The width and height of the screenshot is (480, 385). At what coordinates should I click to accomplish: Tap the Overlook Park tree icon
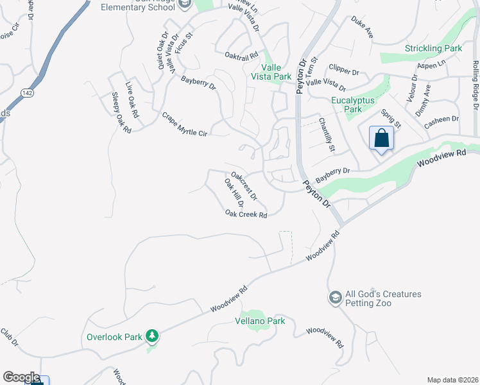click(x=152, y=336)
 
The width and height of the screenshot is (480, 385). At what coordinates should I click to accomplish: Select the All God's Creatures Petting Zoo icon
click(x=335, y=298)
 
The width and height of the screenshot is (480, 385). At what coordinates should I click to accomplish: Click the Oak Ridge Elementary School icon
click(x=185, y=5)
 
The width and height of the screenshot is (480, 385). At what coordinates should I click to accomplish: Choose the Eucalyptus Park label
click(x=353, y=105)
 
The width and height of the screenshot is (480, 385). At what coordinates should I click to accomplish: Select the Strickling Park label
click(x=433, y=48)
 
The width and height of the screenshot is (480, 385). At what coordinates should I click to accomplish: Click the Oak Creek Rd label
click(x=246, y=215)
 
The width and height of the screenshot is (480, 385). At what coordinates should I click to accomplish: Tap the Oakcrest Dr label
click(x=244, y=184)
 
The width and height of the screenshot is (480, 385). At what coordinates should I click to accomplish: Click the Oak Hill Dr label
click(x=234, y=193)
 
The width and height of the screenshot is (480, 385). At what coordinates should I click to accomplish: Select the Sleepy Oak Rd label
click(x=121, y=112)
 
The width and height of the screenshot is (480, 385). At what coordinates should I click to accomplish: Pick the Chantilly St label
click(x=327, y=135)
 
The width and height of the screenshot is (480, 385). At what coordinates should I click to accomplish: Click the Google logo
click(x=21, y=377)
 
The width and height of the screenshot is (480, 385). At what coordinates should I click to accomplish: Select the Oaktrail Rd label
click(x=241, y=56)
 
